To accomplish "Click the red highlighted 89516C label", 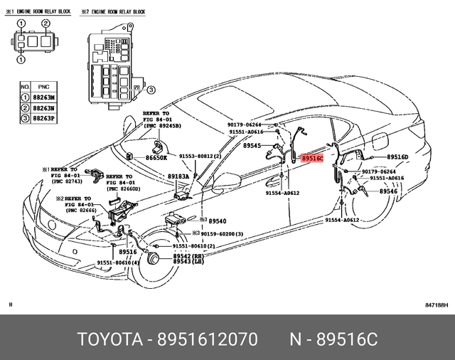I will click(x=312, y=159).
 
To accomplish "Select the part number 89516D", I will click(x=397, y=157).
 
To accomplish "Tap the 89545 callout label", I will click(x=252, y=146).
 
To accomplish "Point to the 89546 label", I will click(x=388, y=191).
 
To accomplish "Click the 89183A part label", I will click(x=178, y=176).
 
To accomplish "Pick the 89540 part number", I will click(x=216, y=221).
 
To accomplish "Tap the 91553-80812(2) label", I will click(x=200, y=156).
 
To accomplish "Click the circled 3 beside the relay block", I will click(x=151, y=89).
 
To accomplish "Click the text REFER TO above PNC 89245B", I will click(x=156, y=113).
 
